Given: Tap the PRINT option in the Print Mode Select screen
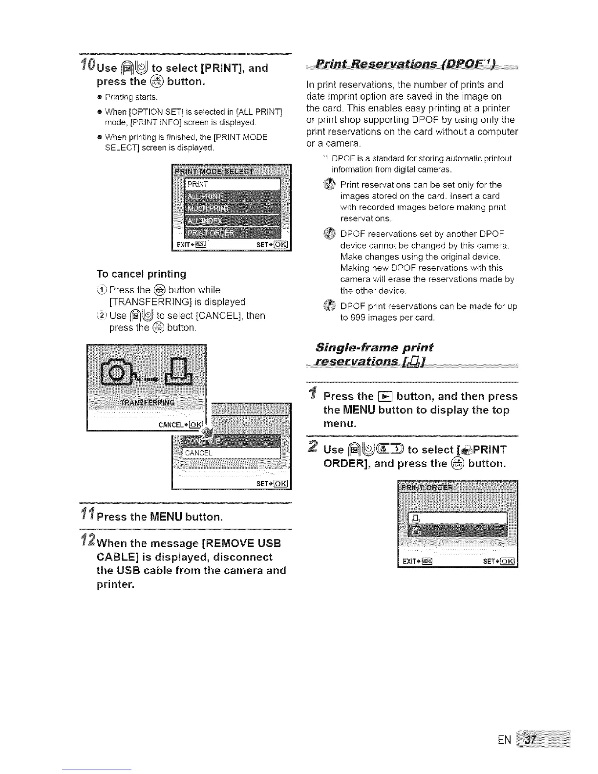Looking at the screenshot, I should (233, 184).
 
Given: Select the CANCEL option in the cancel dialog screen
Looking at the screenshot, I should (231, 453).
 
